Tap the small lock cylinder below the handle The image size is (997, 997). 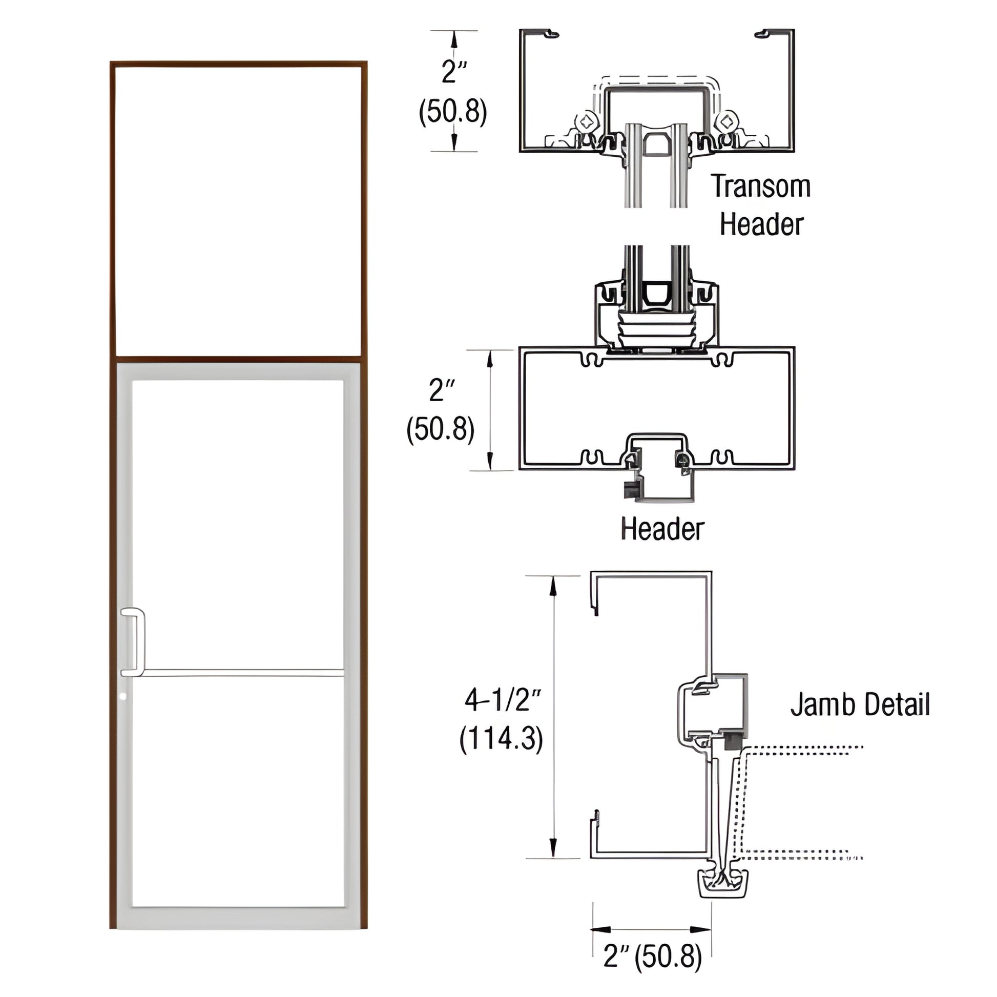tap(122, 696)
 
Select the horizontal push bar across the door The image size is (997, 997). tap(242, 672)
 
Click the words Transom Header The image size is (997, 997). tap(761, 205)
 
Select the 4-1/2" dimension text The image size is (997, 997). tap(502, 700)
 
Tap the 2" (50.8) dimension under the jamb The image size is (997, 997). tap(652, 956)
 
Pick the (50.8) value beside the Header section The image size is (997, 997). tap(440, 429)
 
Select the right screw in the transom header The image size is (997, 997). tap(726, 122)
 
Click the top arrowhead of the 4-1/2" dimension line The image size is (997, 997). tap(553, 586)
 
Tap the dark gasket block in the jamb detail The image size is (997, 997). tap(732, 742)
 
